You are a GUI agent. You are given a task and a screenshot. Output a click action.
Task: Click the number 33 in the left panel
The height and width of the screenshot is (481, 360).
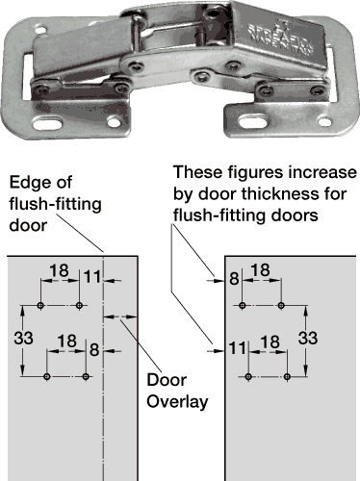click(x=23, y=338)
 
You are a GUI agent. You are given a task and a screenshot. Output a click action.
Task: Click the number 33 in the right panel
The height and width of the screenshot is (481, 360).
click(x=308, y=338)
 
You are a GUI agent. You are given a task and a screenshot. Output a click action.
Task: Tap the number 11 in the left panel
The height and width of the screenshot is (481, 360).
click(x=92, y=277)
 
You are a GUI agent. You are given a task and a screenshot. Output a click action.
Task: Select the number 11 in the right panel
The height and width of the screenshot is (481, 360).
click(x=238, y=348)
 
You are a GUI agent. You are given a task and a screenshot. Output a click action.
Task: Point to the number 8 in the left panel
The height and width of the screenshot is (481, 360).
click(x=94, y=349)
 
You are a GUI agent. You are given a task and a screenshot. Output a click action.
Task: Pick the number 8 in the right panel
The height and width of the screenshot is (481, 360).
click(x=234, y=278)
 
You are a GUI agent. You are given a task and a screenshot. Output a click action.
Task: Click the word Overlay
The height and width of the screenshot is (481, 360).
click(x=177, y=402)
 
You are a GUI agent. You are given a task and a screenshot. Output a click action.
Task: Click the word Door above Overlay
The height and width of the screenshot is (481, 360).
click(x=167, y=380)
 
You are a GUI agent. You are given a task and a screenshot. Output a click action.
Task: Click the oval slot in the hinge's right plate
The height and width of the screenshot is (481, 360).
click(x=253, y=121)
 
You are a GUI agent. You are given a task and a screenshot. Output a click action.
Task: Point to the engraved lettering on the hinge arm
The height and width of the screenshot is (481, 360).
click(x=280, y=39)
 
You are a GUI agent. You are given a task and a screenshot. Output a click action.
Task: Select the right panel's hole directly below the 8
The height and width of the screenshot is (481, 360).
click(x=243, y=305)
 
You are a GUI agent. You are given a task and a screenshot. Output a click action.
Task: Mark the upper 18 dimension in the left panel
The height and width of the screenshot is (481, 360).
click(x=60, y=271)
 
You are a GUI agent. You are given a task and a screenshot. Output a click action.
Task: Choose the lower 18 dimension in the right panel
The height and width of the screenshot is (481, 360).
click(x=270, y=342)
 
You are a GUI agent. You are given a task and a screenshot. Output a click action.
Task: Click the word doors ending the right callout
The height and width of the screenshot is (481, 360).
click(x=296, y=215)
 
